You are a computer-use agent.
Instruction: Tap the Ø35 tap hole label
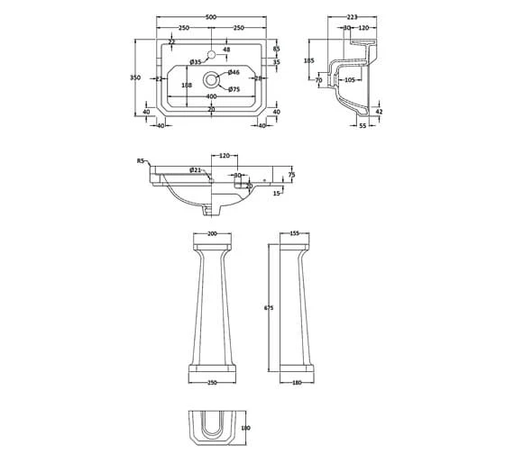click(195, 61)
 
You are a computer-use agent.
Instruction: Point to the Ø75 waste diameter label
click(233, 89)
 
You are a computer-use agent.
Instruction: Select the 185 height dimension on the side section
click(309, 60)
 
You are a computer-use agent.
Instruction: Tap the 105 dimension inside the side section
click(348, 79)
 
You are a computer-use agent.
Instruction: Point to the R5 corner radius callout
click(141, 159)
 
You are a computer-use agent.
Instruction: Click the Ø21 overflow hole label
click(195, 170)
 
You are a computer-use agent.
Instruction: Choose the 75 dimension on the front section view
click(291, 175)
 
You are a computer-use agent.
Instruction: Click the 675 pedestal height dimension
click(268, 308)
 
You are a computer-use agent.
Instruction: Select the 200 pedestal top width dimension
click(213, 233)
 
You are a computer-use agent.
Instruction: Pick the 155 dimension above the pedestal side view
click(295, 233)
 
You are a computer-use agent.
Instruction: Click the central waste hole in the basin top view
click(212, 78)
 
